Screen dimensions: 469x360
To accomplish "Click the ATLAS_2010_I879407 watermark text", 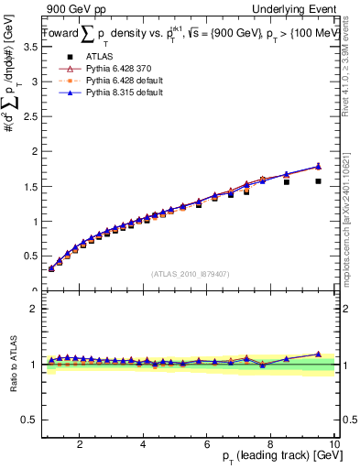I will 190,273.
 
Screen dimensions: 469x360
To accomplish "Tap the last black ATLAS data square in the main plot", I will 318,181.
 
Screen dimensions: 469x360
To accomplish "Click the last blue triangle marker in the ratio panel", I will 318,354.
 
